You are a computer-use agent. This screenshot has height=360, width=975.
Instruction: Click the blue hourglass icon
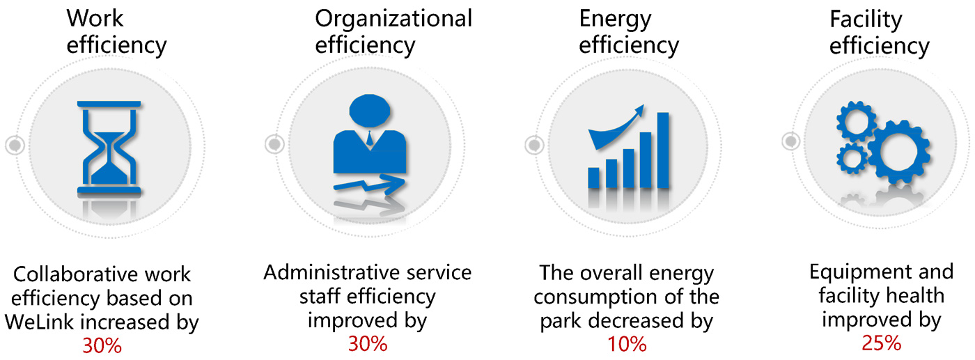pos(109,148)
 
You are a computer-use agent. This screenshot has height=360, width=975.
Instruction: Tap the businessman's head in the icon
pos(370,111)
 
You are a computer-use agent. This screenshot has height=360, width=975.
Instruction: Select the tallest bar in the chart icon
pos(663,150)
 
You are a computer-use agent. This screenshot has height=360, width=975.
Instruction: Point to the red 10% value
pos(627,344)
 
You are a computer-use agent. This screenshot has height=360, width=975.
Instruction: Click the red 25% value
pos(882,343)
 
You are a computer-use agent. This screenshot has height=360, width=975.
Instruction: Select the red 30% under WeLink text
pos(102,346)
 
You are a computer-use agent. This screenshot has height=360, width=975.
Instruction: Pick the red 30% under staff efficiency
pos(368,344)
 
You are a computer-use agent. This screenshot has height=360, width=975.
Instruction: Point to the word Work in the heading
pos(95,18)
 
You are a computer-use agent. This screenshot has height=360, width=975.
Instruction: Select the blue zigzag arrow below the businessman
pos(370,185)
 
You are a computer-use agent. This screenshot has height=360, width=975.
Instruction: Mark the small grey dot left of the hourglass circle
pos(15,145)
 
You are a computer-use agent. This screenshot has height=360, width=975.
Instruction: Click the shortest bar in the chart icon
pos(593,178)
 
